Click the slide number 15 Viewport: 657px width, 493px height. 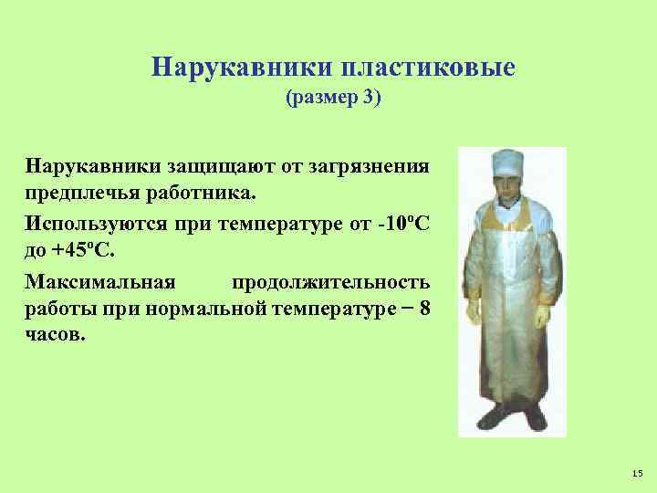637,472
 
